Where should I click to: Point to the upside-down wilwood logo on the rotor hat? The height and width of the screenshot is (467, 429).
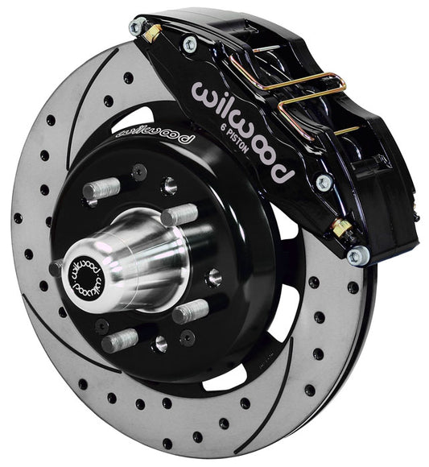pyautogui.click(x=153, y=135)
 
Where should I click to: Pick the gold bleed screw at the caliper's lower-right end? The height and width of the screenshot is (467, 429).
pyautogui.click(x=343, y=229)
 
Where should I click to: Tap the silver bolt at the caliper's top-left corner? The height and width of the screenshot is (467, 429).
pyautogui.click(x=136, y=26)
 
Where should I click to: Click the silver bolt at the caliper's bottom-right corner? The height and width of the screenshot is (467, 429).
pyautogui.click(x=355, y=256)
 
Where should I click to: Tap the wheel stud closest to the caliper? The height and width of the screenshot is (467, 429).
pyautogui.click(x=179, y=214)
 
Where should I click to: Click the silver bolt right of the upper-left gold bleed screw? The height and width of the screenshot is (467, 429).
pyautogui.click(x=189, y=43)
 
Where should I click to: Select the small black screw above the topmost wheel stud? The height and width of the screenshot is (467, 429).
pyautogui.click(x=139, y=171)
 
